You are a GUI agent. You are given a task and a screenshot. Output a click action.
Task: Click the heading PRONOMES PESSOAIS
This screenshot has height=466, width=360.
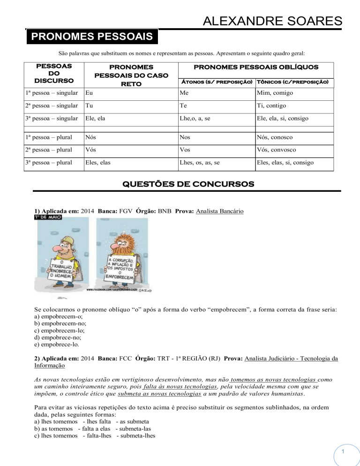click(x=92, y=37)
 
